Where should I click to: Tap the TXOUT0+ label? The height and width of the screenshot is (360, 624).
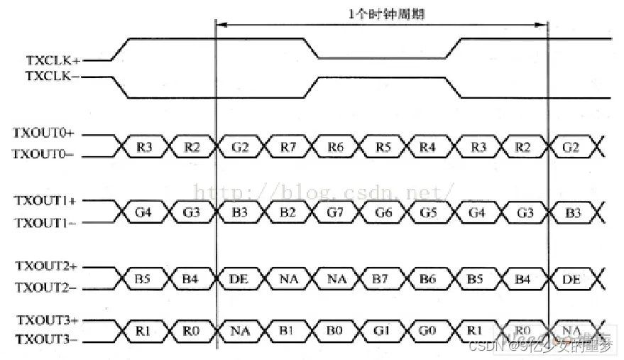point(44,133)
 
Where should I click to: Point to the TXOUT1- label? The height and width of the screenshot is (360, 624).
point(44,222)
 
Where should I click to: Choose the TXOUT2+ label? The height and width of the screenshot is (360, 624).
point(44,266)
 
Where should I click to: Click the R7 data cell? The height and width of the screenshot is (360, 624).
point(288,146)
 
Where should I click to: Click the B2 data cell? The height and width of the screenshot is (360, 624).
point(288,212)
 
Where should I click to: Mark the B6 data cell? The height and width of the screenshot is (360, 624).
point(427,280)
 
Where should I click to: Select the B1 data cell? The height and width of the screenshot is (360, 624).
point(288,330)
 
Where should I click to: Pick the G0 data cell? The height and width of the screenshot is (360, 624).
point(427,330)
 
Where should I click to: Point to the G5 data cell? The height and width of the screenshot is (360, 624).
point(427,212)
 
